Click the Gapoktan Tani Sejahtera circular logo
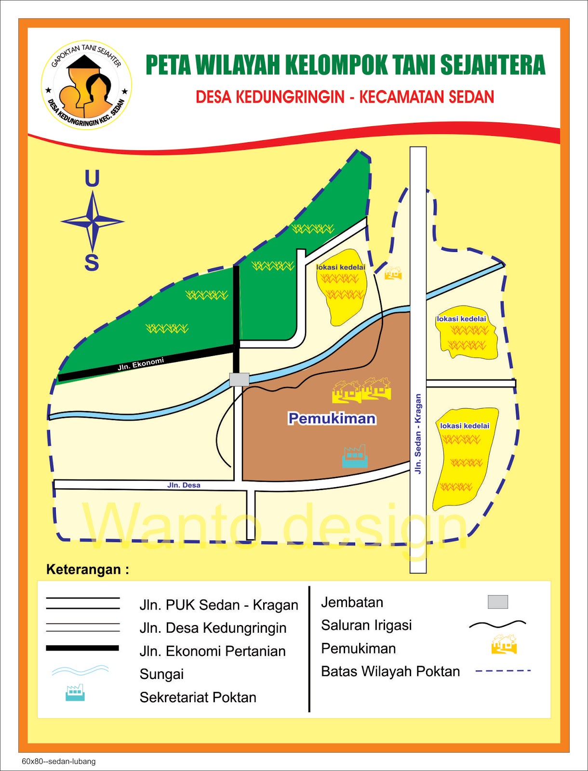click(86, 85)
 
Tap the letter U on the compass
click(92, 179)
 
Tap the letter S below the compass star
click(92, 263)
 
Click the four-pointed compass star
click(93, 222)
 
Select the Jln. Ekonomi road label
click(141, 364)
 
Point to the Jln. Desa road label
click(184, 485)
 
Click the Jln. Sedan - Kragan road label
click(418, 434)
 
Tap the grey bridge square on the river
click(239, 379)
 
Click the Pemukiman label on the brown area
click(332, 418)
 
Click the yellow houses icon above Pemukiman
click(361, 390)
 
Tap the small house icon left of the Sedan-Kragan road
click(393, 274)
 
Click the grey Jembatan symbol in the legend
click(498, 602)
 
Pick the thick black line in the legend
click(82, 648)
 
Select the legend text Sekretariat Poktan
click(198, 697)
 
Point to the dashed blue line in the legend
click(503, 671)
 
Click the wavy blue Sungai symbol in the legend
click(80, 670)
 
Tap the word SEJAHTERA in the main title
click(493, 66)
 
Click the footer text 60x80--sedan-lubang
click(58, 761)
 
